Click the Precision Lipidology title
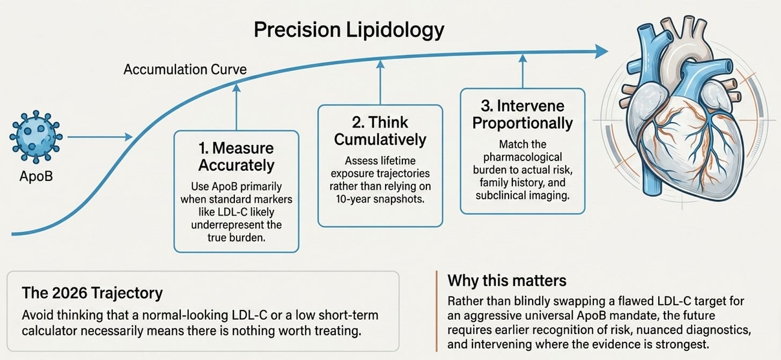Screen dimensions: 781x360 click(x=349, y=31)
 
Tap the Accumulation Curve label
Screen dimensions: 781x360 click(x=185, y=69)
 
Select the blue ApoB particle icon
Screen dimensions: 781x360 click(x=36, y=137)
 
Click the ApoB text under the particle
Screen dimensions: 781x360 click(x=36, y=176)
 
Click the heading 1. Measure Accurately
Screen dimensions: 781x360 click(x=237, y=157)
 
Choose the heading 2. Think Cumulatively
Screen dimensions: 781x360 click(x=380, y=131)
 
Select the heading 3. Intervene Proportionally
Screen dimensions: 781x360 click(x=522, y=114)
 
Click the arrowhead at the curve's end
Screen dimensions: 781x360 click(x=601, y=52)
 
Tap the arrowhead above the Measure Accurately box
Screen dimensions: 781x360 click(x=237, y=87)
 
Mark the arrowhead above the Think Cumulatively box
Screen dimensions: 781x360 click(x=380, y=64)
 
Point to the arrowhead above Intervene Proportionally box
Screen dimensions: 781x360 click(x=522, y=58)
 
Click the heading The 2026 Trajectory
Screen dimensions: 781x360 click(x=92, y=293)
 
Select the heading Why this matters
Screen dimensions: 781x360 click(x=507, y=281)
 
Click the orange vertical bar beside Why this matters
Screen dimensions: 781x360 click(x=436, y=311)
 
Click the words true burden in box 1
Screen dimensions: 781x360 click(x=237, y=238)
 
